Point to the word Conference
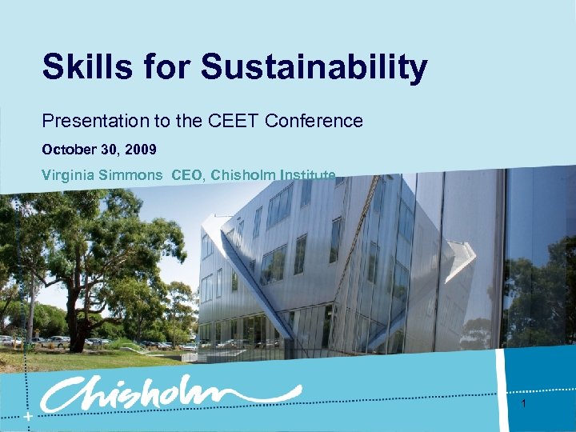pyautogui.click(x=314, y=121)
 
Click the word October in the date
pyautogui.click(x=69, y=150)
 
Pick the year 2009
pyautogui.click(x=141, y=150)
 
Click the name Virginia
pyautogui.click(x=68, y=175)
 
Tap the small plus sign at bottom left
pyautogui.click(x=29, y=418)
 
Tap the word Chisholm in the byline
pyautogui.click(x=244, y=175)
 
